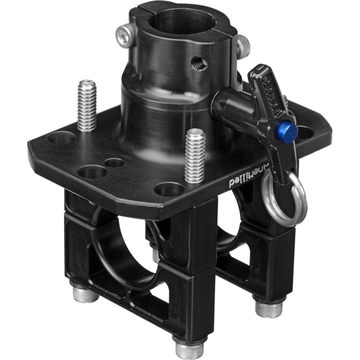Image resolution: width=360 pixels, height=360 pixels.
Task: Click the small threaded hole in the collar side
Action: click(199, 64)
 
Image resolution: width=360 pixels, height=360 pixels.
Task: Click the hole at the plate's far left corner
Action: click(62, 138)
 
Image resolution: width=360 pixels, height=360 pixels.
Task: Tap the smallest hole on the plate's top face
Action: click(114, 163)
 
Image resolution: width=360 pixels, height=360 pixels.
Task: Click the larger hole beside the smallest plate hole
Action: click(92, 171)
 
